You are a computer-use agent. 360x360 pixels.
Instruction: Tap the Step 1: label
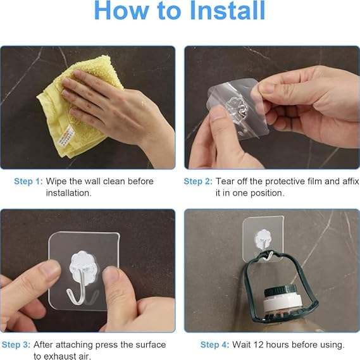(28, 181)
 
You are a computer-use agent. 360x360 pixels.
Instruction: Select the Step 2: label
(198, 181)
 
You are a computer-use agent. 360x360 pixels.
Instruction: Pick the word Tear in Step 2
(227, 181)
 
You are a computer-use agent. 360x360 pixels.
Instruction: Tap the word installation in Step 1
(68, 193)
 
